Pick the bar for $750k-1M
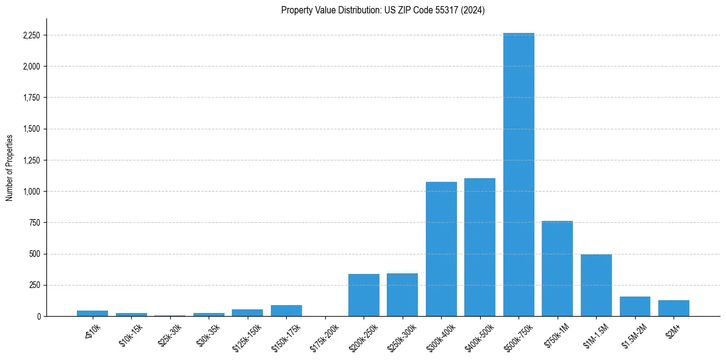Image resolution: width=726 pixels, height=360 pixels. point(557,268)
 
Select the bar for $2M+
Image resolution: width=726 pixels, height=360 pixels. point(674,308)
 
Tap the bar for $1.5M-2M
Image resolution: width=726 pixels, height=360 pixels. point(634,306)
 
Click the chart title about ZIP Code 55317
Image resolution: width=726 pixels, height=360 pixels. point(383,10)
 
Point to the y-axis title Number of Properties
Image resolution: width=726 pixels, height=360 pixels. point(10,167)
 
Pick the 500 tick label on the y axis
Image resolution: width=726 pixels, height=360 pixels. point(34,254)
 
